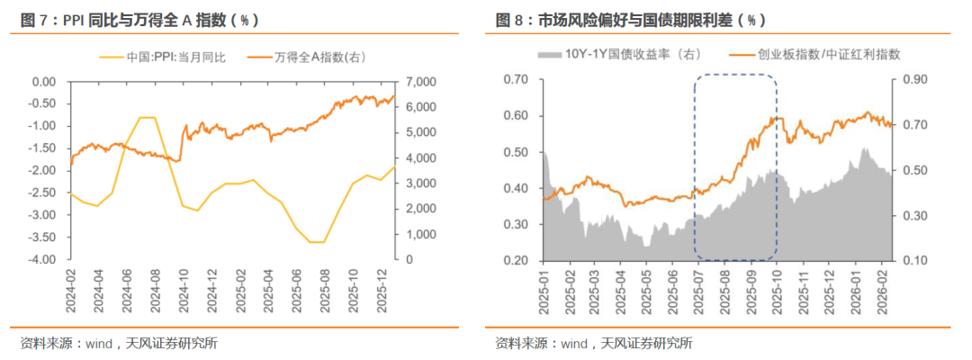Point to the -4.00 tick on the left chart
pos(43,259)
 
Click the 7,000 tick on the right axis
pos(422,82)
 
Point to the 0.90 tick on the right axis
pos(912,80)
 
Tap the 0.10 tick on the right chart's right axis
pos(912,260)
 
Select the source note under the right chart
pos(594,343)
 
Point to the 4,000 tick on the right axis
pos(422,158)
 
